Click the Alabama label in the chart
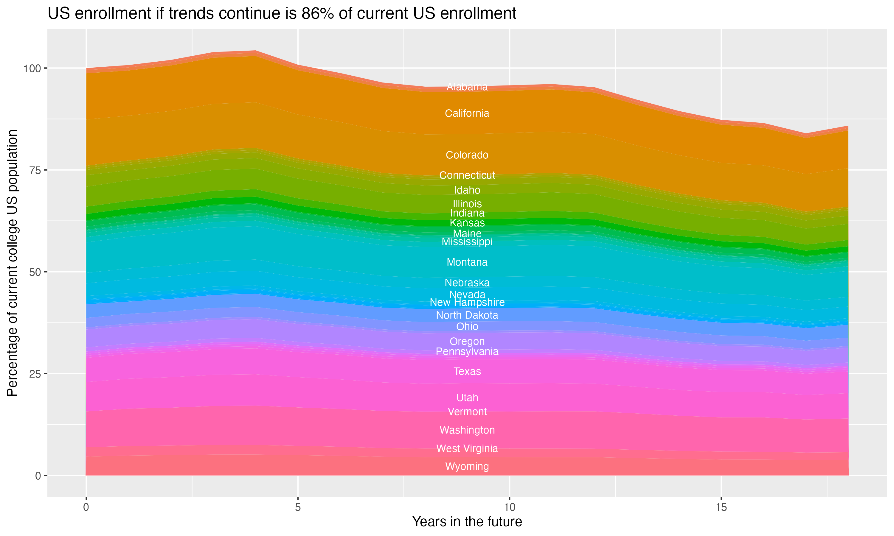point(467,87)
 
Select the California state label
point(467,113)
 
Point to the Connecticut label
point(467,175)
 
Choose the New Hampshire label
point(467,302)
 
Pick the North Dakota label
point(467,315)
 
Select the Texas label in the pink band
point(467,371)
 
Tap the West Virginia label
point(467,448)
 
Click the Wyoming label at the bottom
point(467,466)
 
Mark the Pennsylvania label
point(467,351)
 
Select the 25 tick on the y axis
point(35,374)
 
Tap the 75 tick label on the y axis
point(35,170)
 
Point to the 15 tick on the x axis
point(721,507)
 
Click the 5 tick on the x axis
point(298,507)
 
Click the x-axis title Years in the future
point(467,522)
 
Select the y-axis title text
point(12,263)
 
